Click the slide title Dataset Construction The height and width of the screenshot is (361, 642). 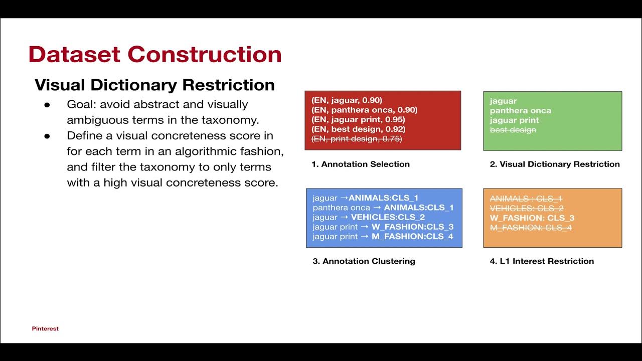tap(154, 54)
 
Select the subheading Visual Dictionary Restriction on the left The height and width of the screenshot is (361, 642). tap(154, 85)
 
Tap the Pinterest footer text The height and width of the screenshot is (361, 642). tap(45, 329)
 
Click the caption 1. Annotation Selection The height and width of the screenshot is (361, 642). tap(361, 164)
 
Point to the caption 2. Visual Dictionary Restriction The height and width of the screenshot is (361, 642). tap(555, 164)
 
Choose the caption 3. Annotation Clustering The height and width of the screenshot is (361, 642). tap(364, 261)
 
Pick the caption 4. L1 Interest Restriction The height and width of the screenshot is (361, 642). tap(542, 261)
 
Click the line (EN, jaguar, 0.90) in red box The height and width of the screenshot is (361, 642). tap(347, 100)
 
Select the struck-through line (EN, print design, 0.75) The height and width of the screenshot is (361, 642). tap(357, 139)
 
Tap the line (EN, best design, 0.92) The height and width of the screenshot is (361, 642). tap(358, 129)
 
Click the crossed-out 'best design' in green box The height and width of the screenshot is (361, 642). tap(513, 130)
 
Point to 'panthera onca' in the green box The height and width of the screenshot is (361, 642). tap(520, 111)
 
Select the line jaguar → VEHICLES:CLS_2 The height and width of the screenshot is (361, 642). tap(368, 217)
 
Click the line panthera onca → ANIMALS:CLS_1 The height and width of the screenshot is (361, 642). tap(383, 208)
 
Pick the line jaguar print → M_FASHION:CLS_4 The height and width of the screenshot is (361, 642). tap(383, 236)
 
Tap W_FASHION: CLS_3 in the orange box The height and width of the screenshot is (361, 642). tap(532, 218)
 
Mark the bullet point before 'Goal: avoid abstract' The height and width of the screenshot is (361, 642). tap(47, 105)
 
